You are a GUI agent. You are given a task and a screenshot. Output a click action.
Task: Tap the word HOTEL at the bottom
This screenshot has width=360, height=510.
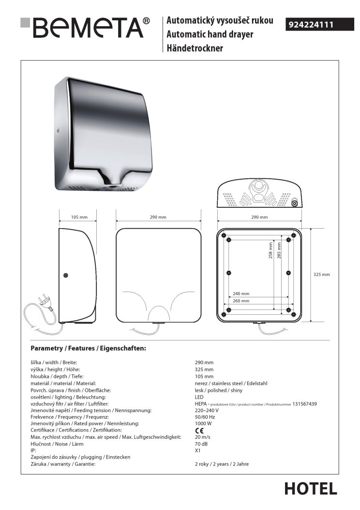tap(310, 489)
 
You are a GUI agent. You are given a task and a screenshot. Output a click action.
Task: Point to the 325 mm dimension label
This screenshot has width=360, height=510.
tap(321, 275)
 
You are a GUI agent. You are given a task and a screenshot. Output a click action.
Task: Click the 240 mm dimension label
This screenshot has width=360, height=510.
tap(241, 294)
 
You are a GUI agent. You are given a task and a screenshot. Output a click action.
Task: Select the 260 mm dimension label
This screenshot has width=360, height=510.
tap(241, 301)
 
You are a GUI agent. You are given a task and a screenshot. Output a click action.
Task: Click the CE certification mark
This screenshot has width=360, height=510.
tap(199, 431)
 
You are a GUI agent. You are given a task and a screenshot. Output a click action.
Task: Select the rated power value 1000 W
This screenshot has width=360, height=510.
tap(203, 423)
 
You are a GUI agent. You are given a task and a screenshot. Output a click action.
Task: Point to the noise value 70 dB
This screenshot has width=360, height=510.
tap(201, 443)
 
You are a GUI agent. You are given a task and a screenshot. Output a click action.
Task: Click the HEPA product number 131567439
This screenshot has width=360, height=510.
tap(304, 403)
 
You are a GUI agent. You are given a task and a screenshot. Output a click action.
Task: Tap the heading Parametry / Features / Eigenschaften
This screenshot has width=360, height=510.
tap(88, 348)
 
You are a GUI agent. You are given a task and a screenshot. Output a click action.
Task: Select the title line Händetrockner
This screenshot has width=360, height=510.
tap(195, 48)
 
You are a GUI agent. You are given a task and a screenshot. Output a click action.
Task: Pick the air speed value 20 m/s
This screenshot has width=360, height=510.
tap(202, 437)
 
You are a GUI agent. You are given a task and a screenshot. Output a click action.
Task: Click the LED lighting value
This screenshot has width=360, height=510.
tap(199, 397)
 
